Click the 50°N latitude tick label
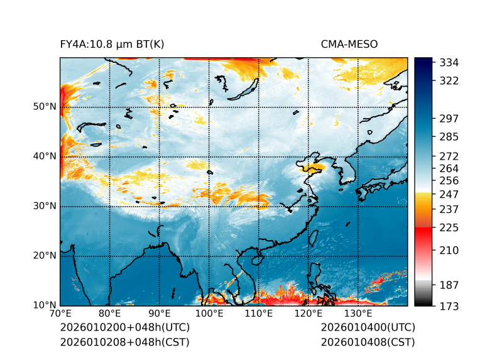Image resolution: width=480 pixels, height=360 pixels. click(x=45, y=107)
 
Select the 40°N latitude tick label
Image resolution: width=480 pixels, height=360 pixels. click(x=45, y=156)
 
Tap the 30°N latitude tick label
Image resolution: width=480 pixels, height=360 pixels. click(x=45, y=206)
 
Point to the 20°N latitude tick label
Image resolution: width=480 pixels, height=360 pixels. click(x=45, y=256)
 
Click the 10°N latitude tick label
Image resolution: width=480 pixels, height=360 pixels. click(x=45, y=305)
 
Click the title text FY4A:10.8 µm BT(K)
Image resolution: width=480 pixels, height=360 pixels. click(x=112, y=45)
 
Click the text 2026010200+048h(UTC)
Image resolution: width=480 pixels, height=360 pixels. click(x=124, y=328)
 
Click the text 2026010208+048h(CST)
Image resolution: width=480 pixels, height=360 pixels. click(x=124, y=342)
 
